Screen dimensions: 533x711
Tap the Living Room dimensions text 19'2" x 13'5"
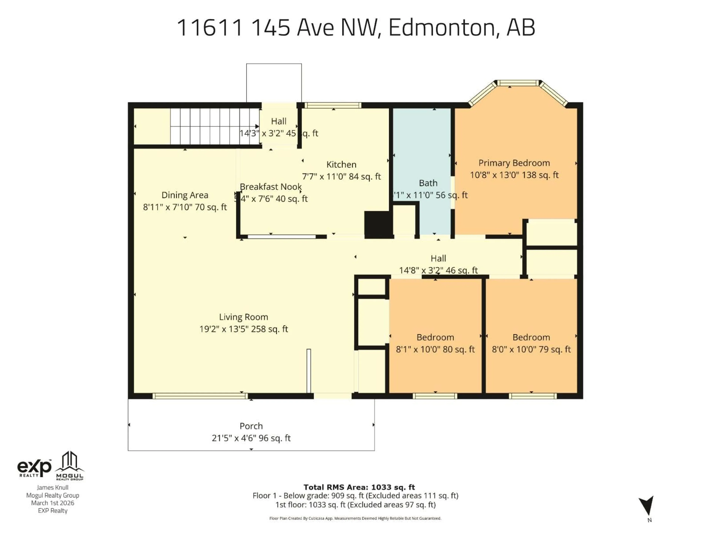243,329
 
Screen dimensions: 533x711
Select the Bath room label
428,183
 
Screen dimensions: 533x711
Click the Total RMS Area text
359,487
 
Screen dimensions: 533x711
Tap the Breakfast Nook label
271,187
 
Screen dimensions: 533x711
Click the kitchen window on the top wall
333,105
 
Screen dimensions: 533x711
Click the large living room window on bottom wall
200,396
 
